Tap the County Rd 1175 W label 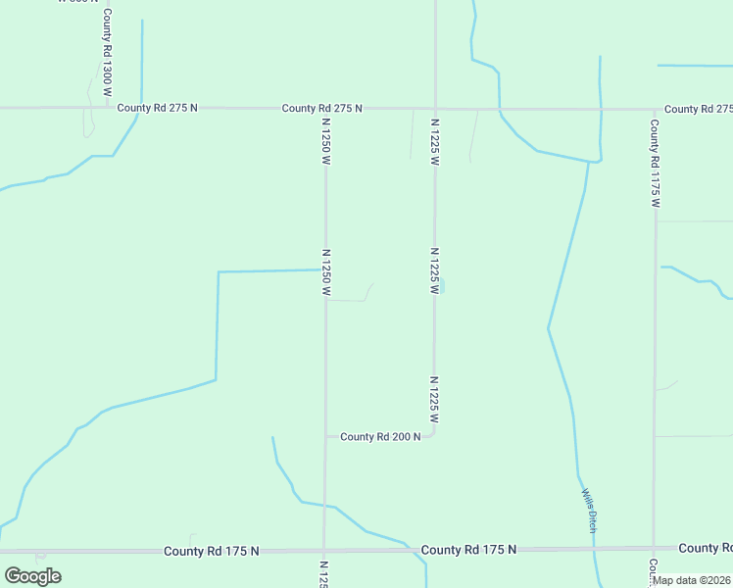coord(655,163)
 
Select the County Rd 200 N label coord(380,436)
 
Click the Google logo coord(32,576)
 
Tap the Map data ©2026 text coord(692,580)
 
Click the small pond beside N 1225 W coord(442,285)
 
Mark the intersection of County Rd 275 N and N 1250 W coord(325,108)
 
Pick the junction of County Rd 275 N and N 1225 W coord(435,108)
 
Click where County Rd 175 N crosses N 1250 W coord(324,551)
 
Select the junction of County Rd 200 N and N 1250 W coord(325,436)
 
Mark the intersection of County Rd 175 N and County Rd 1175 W coord(654,548)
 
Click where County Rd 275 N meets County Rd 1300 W coord(107,107)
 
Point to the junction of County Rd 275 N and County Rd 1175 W coord(654,109)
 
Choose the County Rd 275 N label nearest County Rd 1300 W coord(157,108)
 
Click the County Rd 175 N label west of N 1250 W coord(212,552)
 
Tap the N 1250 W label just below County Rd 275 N coord(325,141)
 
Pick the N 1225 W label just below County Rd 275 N coord(434,141)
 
